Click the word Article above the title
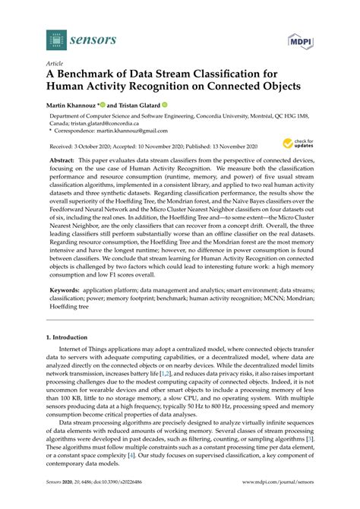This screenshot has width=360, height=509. [x=55, y=64]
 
